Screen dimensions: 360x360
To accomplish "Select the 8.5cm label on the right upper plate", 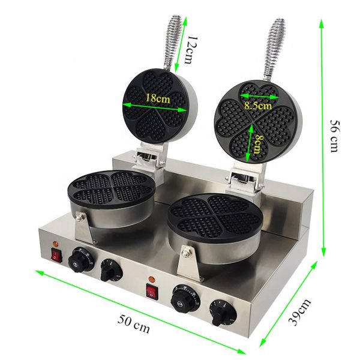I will [x=257, y=104].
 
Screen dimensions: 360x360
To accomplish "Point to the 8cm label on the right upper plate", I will [x=256, y=146].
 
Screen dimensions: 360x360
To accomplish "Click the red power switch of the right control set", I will [x=151, y=292].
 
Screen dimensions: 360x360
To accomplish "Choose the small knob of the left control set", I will [x=109, y=271].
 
